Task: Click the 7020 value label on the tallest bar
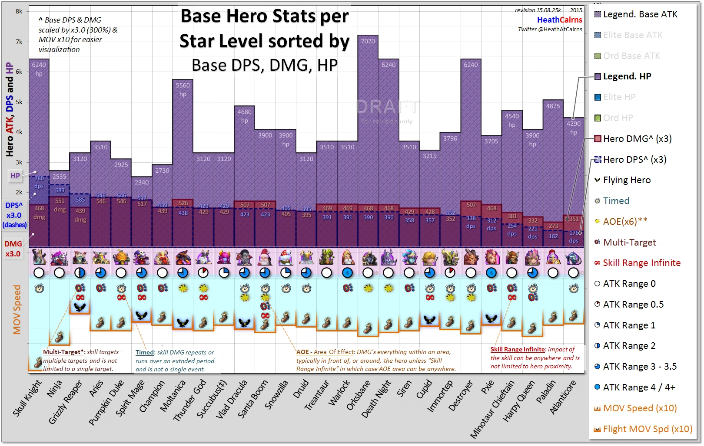click(x=368, y=41)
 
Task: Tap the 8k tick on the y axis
click(x=19, y=11)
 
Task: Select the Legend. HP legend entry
click(x=627, y=77)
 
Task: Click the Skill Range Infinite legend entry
click(x=641, y=263)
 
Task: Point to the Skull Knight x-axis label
click(x=27, y=398)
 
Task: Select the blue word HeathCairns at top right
click(x=548, y=20)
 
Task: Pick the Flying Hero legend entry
click(x=627, y=180)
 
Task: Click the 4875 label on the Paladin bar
click(x=553, y=106)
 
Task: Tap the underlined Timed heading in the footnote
click(x=145, y=353)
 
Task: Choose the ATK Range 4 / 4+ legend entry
click(x=638, y=387)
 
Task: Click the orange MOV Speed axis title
click(x=17, y=309)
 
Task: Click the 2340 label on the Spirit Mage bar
click(x=142, y=183)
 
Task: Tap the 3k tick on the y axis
click(x=19, y=162)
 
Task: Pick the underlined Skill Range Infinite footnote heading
click(x=518, y=349)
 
